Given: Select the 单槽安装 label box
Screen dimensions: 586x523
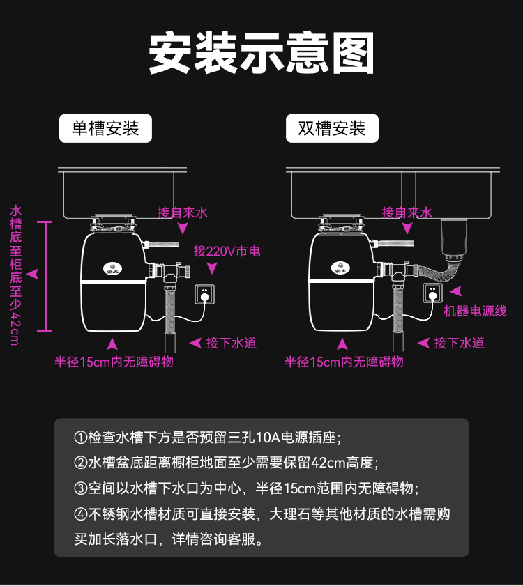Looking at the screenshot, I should pyautogui.click(x=105, y=129).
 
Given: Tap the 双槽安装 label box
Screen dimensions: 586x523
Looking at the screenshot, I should pyautogui.click(x=332, y=129).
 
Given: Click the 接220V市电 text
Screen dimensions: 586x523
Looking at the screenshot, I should pyautogui.click(x=227, y=251).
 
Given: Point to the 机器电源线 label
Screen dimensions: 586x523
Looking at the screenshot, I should pyautogui.click(x=475, y=311).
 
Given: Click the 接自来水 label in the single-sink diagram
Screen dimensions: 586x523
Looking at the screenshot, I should pyautogui.click(x=183, y=213).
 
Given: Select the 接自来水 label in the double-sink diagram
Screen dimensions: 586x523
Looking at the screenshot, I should pyautogui.click(x=407, y=213).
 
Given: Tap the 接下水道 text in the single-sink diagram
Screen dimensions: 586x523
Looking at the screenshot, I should pyautogui.click(x=232, y=343).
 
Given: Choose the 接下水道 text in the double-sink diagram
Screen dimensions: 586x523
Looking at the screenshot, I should pyautogui.click(x=459, y=343).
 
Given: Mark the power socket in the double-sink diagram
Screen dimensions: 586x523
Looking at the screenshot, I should pyautogui.click(x=432, y=293).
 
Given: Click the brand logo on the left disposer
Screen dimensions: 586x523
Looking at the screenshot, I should pyautogui.click(x=112, y=266).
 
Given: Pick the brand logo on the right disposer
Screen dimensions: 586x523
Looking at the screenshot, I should pyautogui.click(x=339, y=266).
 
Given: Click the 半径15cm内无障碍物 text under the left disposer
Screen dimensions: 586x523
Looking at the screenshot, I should pyautogui.click(x=114, y=362).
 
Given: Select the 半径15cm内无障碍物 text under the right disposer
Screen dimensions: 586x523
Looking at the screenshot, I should pyautogui.click(x=344, y=362).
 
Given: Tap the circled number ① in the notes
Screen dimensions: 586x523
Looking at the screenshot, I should pyautogui.click(x=80, y=438).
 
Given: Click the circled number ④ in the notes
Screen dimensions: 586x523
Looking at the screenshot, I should pyautogui.click(x=80, y=515).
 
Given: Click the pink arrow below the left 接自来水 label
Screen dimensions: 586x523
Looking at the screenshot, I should pyautogui.click(x=183, y=229).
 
